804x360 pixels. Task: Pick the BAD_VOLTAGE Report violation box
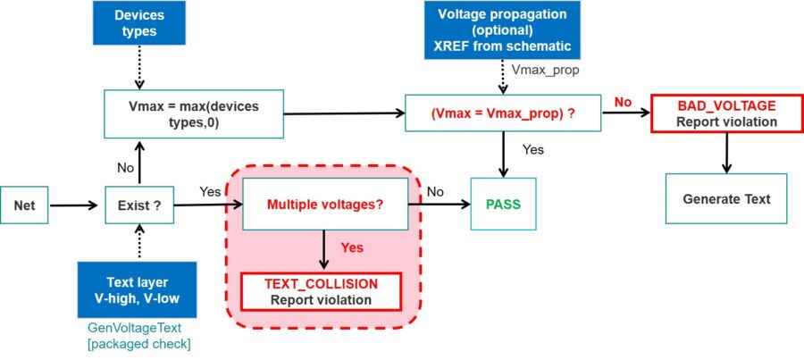click(x=726, y=113)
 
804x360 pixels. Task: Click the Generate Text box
click(x=726, y=198)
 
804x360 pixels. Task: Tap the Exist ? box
click(x=138, y=205)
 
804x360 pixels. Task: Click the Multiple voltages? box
click(x=325, y=205)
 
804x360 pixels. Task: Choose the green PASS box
click(x=504, y=205)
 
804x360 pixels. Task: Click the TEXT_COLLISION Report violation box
click(x=322, y=291)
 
